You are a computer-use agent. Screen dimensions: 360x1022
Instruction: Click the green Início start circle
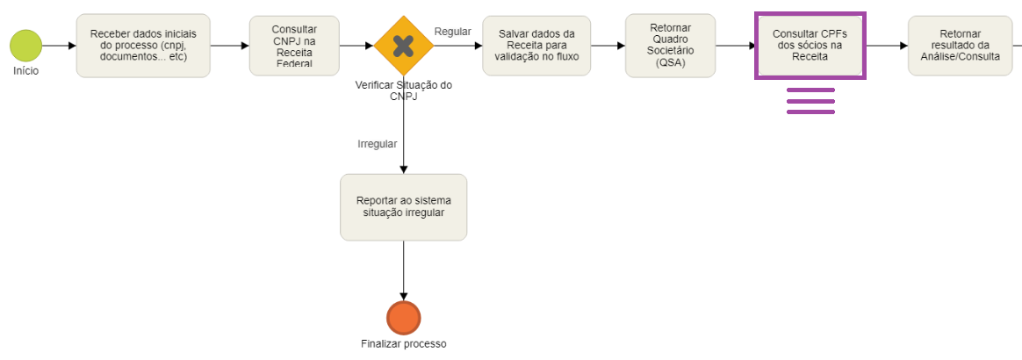(x=26, y=46)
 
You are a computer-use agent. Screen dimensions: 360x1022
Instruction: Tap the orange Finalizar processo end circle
(x=403, y=318)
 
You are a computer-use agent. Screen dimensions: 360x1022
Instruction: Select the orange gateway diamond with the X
(x=403, y=46)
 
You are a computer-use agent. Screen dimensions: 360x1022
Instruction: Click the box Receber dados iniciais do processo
(x=143, y=46)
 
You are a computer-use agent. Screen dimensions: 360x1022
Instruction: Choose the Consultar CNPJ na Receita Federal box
(x=295, y=46)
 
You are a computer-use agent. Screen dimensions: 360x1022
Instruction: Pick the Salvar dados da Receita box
(x=536, y=46)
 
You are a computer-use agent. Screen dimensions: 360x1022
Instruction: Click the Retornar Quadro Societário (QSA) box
(x=670, y=46)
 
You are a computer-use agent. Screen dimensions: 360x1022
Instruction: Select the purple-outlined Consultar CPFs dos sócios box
(x=810, y=46)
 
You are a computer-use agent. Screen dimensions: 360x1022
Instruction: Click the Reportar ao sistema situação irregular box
(x=403, y=207)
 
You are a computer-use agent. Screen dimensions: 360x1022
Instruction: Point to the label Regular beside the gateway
(x=453, y=32)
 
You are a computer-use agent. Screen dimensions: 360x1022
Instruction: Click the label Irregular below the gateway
(x=377, y=143)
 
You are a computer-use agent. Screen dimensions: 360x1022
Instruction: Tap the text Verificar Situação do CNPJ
(x=403, y=90)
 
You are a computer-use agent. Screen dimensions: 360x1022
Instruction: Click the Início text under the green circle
(x=25, y=71)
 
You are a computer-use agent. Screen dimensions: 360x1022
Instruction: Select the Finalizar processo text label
(x=403, y=343)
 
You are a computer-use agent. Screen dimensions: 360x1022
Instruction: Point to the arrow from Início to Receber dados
(x=59, y=46)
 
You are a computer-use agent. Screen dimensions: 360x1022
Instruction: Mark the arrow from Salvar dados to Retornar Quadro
(x=608, y=46)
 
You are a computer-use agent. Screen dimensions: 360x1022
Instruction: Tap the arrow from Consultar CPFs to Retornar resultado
(x=887, y=46)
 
